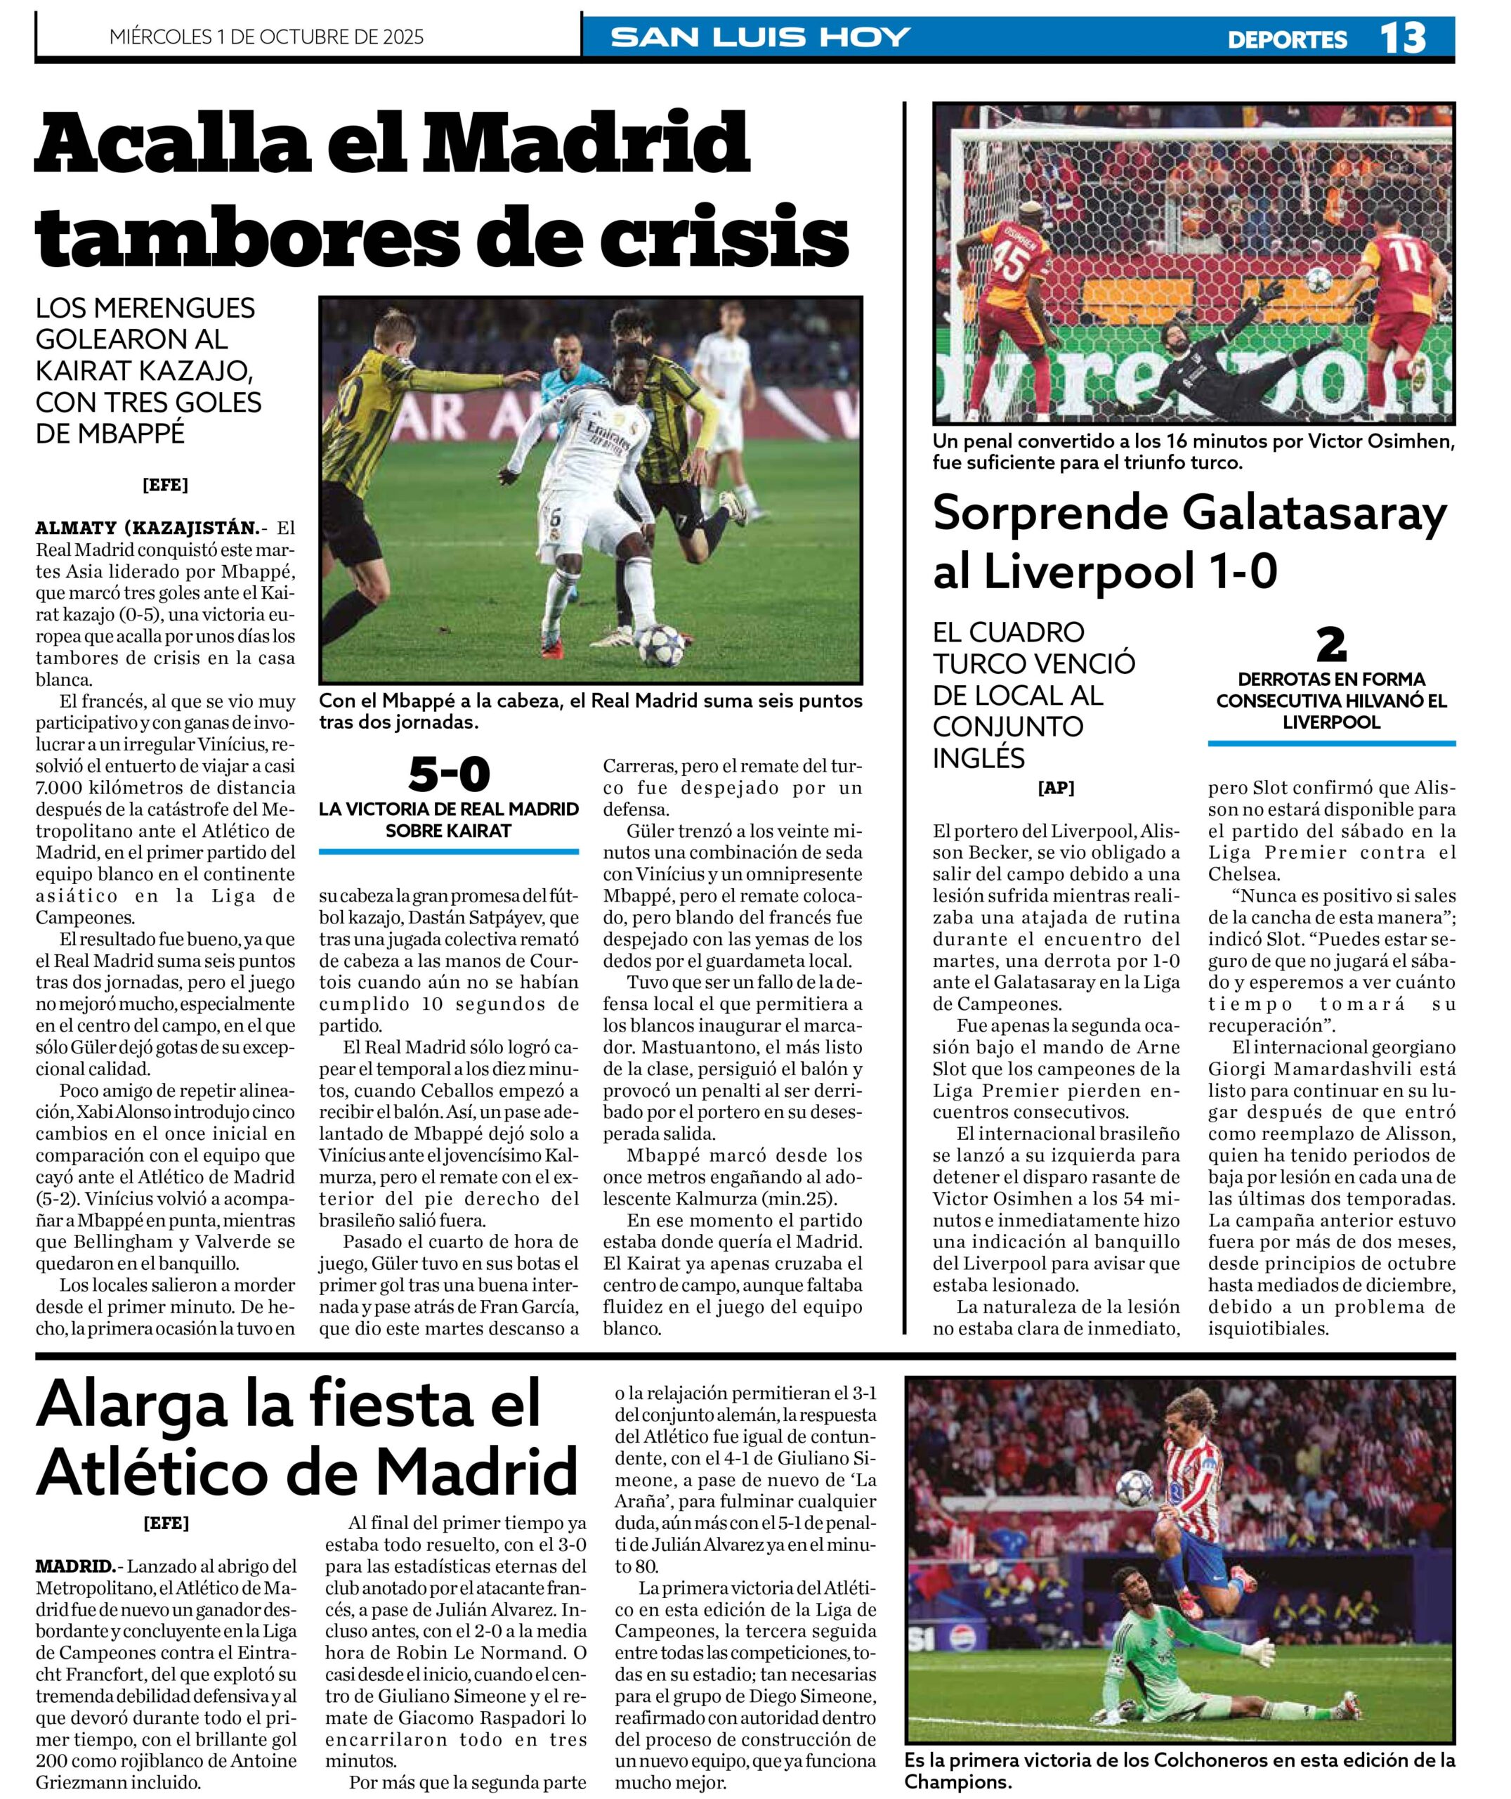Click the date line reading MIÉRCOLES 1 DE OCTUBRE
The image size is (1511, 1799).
266,37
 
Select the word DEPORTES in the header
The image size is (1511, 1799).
1287,39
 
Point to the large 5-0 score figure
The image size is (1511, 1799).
449,774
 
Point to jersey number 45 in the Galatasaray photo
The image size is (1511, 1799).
1012,261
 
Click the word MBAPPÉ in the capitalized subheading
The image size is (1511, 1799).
126,434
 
